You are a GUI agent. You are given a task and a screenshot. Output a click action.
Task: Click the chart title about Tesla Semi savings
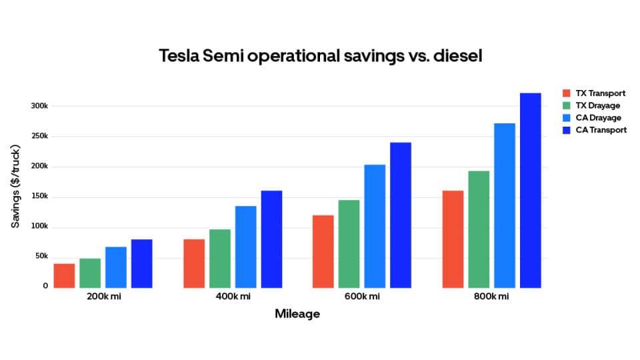tap(320, 56)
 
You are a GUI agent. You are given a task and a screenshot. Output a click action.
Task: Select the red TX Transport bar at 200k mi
tap(64, 276)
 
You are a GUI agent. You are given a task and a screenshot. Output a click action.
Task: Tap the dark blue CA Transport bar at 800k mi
tap(530, 191)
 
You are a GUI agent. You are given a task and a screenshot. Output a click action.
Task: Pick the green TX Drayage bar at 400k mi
tap(220, 259)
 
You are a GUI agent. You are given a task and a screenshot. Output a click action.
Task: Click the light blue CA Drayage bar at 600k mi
tap(375, 227)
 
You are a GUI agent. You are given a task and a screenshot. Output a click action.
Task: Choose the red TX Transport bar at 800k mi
tap(453, 239)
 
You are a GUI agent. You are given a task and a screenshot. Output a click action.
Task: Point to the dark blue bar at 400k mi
tap(271, 239)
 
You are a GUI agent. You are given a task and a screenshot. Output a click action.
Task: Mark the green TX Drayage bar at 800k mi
tap(479, 229)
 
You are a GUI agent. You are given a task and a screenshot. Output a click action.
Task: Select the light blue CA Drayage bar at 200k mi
tap(116, 267)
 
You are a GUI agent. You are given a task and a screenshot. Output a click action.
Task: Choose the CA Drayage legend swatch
tap(567, 118)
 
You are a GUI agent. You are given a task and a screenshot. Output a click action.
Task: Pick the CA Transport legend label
tap(601, 130)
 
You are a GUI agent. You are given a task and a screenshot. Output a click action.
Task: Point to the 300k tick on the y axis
tap(39, 106)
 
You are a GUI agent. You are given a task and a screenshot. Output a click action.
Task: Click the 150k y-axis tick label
tap(39, 197)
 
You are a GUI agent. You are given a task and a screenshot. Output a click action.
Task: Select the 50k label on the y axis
tap(41, 257)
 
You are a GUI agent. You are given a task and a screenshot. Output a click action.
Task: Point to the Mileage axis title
tap(297, 314)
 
